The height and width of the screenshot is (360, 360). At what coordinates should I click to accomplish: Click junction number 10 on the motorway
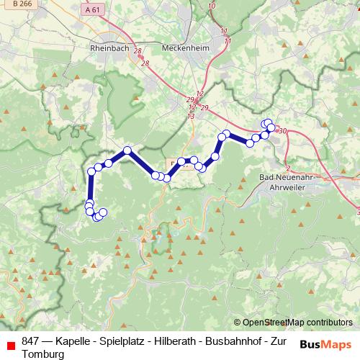click(211, 6)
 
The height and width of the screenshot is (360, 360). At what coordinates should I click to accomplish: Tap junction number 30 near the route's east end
click(281, 131)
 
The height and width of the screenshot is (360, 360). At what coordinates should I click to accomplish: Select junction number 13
click(191, 116)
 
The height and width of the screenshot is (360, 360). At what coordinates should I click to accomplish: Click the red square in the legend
click(11, 345)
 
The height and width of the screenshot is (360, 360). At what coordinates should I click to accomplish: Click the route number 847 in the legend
click(31, 341)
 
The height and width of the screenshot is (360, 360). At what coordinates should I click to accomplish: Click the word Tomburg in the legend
click(43, 354)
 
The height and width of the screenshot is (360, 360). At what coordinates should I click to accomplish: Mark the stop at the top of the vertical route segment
click(91, 171)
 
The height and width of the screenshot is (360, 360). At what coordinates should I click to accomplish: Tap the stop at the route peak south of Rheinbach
click(127, 150)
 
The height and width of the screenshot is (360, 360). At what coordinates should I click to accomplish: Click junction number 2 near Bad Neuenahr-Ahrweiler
click(287, 168)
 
